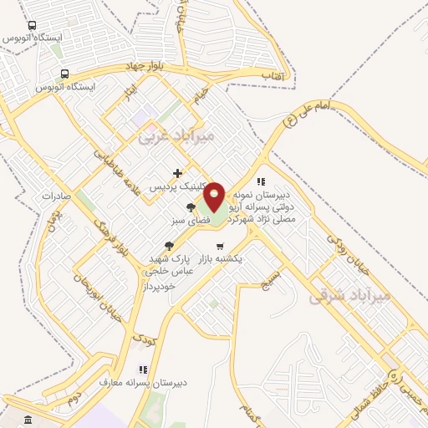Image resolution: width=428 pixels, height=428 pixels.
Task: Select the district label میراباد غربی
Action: coord(176,133)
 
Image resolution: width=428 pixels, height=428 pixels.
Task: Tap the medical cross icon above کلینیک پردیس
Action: coord(177,173)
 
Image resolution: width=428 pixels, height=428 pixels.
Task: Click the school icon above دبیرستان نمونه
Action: coord(261,181)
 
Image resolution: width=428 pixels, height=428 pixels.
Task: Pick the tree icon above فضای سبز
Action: coord(191,207)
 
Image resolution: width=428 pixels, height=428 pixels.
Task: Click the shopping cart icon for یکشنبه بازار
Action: coord(220,247)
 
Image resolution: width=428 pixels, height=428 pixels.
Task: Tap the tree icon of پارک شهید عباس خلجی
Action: coord(170,245)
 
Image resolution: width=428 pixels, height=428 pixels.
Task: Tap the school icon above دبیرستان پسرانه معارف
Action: coord(142,369)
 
